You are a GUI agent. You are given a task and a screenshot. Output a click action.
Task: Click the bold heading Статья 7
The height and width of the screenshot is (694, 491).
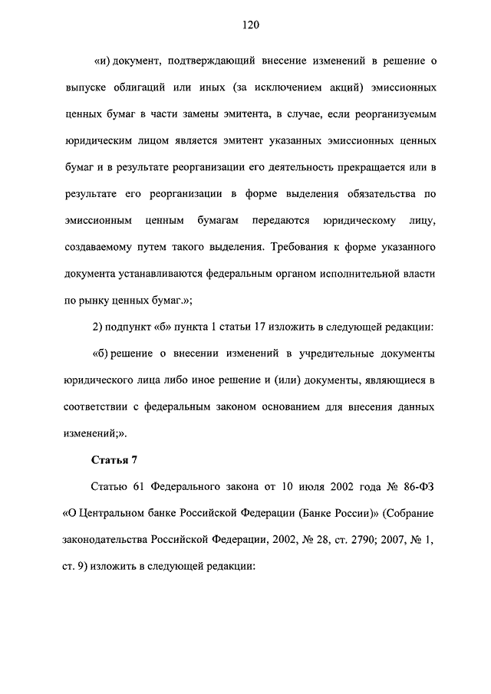(114, 460)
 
